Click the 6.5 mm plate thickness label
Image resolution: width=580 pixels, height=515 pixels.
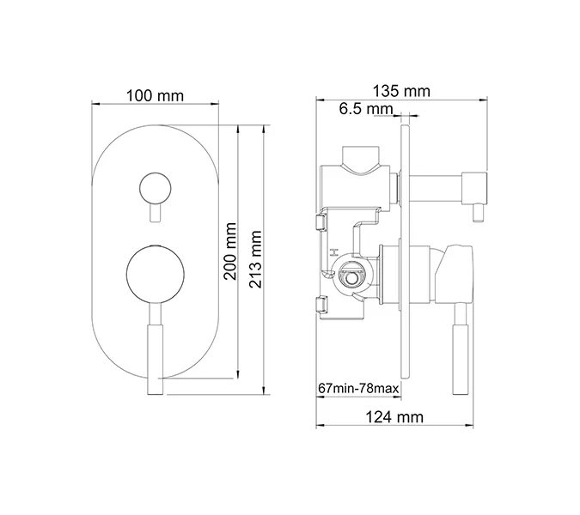tap(364, 109)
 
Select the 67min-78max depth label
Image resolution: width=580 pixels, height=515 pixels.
tap(358, 389)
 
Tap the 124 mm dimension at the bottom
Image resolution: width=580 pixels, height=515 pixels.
tap(394, 417)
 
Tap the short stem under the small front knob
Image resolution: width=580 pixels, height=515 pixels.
tap(155, 214)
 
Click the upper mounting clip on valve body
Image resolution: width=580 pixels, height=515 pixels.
tap(321, 223)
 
